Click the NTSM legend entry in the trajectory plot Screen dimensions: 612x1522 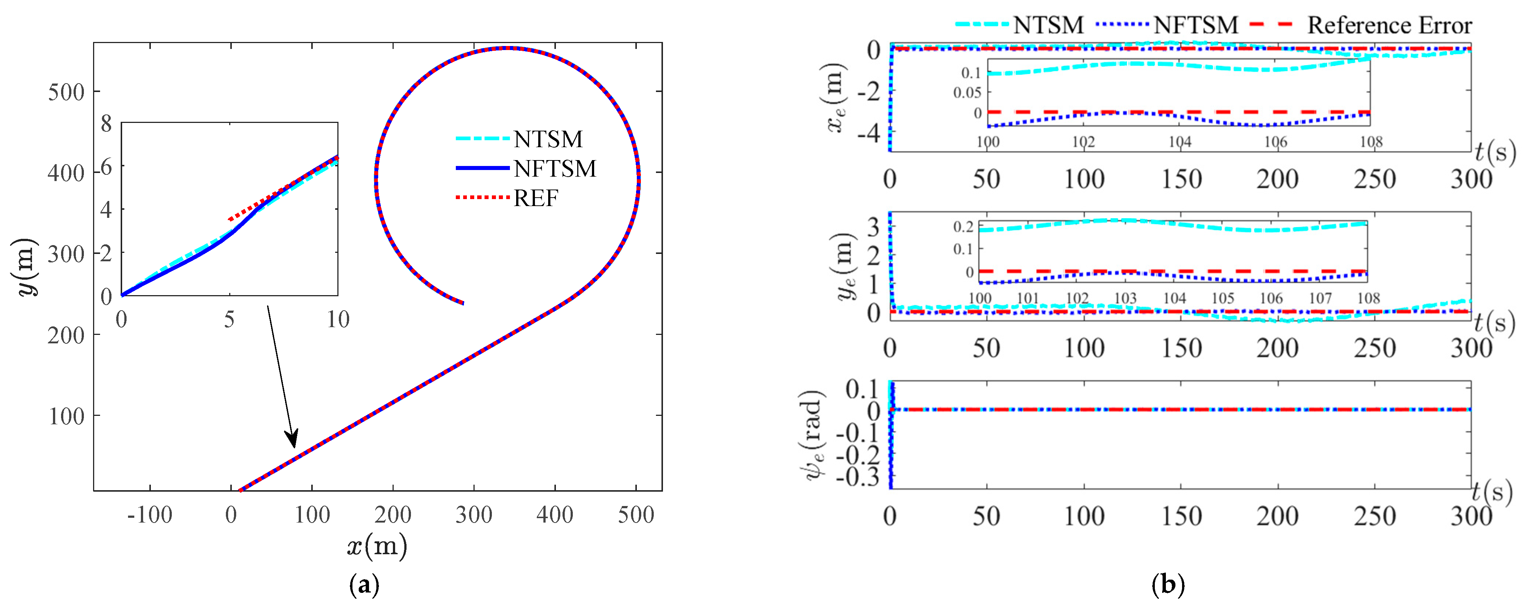coord(548,139)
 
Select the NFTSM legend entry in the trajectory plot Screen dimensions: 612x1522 coord(554,169)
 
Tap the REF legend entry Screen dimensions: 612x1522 coord(535,198)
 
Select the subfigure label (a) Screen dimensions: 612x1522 coord(364,586)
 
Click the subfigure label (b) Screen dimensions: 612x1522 coord(1167,586)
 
